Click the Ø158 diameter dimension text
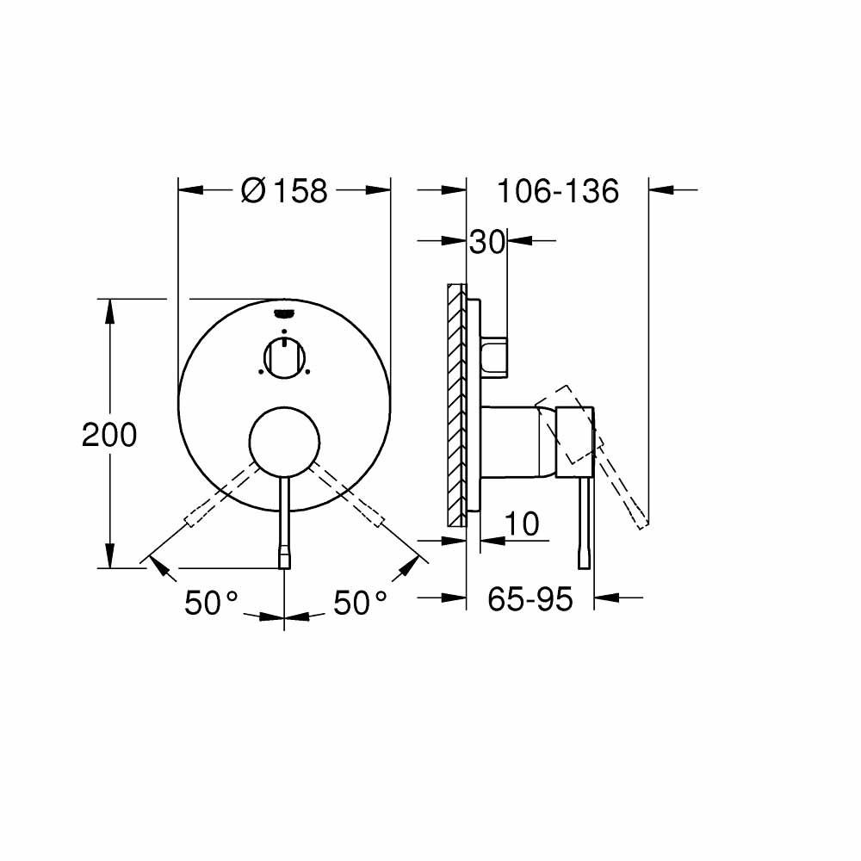tap(284, 190)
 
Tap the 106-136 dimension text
tap(557, 191)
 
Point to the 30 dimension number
tap(486, 243)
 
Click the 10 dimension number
tap(522, 523)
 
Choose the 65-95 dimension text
tap(530, 599)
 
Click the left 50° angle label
tap(210, 604)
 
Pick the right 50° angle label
tap(360, 604)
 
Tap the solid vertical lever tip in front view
tap(284, 558)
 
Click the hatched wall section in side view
tap(456, 405)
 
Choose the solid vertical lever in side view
tap(586, 521)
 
